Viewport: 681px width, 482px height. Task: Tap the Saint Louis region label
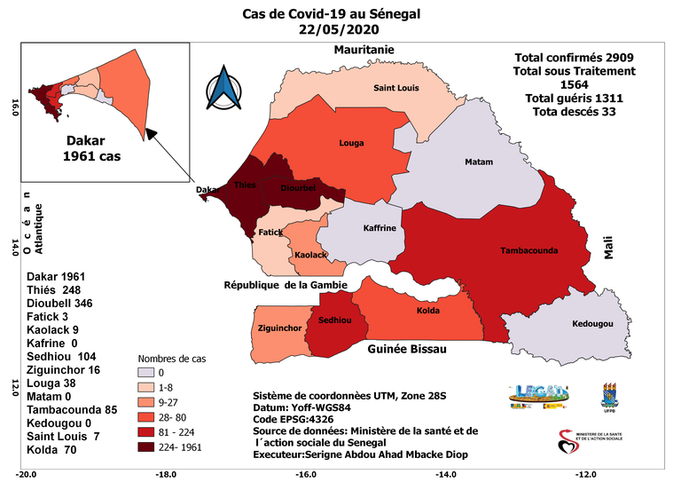(x=396, y=88)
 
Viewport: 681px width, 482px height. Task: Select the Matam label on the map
(x=479, y=162)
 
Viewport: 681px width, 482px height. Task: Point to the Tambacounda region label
(x=529, y=250)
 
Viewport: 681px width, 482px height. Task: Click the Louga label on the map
(x=352, y=142)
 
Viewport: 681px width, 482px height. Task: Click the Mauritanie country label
(x=363, y=50)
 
